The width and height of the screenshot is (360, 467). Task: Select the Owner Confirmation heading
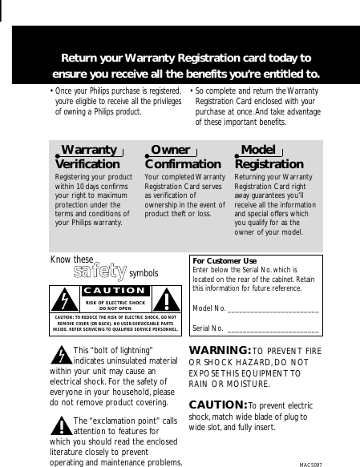[177, 157]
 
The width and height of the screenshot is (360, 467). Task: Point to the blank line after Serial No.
[273, 329]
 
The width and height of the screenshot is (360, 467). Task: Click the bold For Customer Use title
[225, 261]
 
